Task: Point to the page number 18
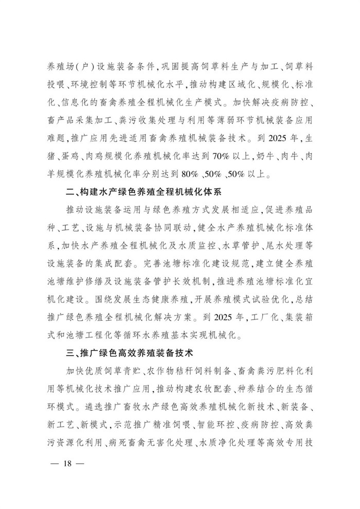(x=66, y=462)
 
